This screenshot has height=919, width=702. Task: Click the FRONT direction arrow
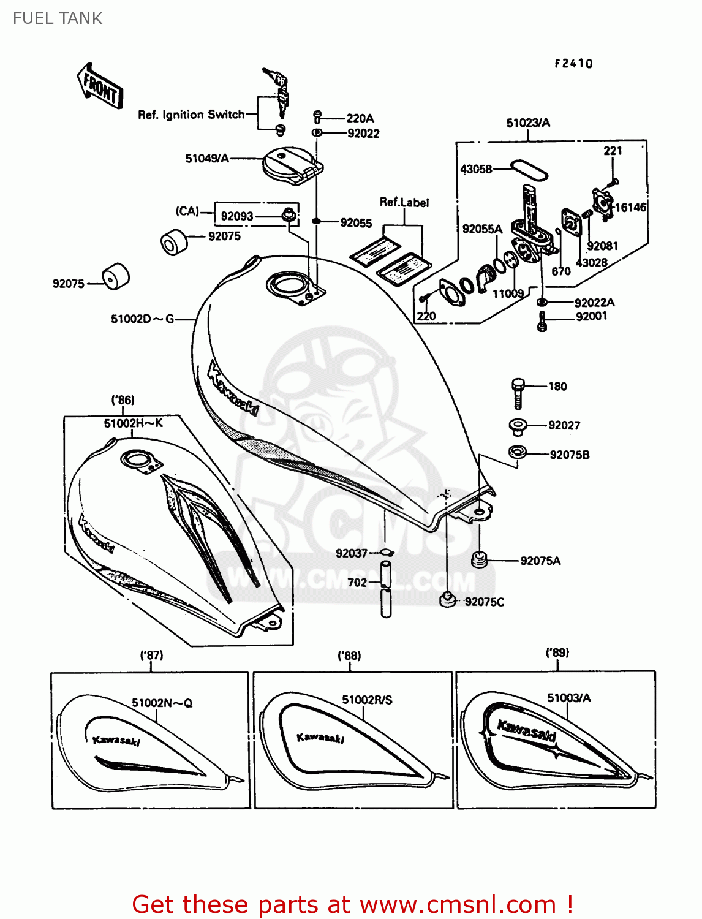pyautogui.click(x=100, y=87)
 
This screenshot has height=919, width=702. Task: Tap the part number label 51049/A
pyautogui.click(x=207, y=159)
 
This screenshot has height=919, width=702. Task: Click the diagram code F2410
pyautogui.click(x=573, y=64)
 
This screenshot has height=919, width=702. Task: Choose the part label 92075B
pyautogui.click(x=569, y=455)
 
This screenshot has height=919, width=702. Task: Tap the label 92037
pyautogui.click(x=351, y=553)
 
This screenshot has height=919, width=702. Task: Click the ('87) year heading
pyautogui.click(x=151, y=655)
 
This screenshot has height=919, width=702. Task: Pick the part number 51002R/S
pyautogui.click(x=367, y=700)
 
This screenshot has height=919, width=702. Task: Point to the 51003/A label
pyautogui.click(x=568, y=698)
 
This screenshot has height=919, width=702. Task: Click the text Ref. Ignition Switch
pyautogui.click(x=191, y=115)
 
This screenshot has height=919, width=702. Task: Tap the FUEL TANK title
pyautogui.click(x=58, y=18)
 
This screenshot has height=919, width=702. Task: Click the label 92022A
pyautogui.click(x=594, y=303)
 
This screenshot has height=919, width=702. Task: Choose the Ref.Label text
pyautogui.click(x=404, y=202)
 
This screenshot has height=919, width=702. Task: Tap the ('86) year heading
pyautogui.click(x=123, y=400)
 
